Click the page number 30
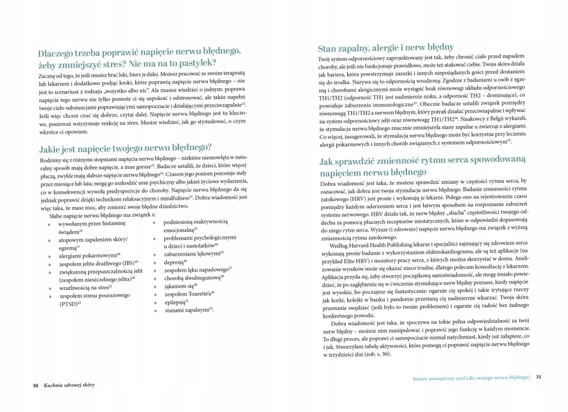[x=35, y=386]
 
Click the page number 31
[x=538, y=377]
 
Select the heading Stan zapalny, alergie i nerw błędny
[x=385, y=47]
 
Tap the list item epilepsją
[x=176, y=301]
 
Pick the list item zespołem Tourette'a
[x=188, y=293]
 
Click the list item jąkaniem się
[x=180, y=285]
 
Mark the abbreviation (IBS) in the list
[x=127, y=262]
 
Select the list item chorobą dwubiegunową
[x=192, y=278]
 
